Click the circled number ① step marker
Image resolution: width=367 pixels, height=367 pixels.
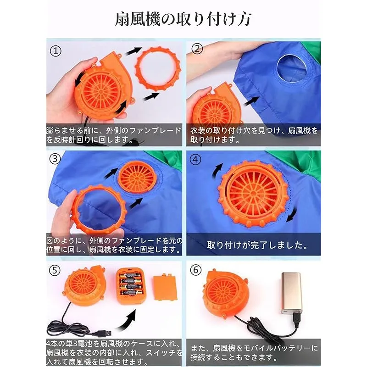pyautogui.click(x=56, y=51)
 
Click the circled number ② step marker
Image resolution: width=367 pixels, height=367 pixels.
pyautogui.click(x=197, y=49)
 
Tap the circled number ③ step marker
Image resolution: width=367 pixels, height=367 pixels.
pyautogui.click(x=55, y=159)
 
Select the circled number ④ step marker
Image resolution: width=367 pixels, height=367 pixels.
pyautogui.click(x=195, y=159)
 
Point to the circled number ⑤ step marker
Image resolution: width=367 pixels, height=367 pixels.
pyautogui.click(x=55, y=270)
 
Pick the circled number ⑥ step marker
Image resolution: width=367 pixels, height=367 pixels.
pyautogui.click(x=196, y=270)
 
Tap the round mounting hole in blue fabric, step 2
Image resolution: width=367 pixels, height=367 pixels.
pyautogui.click(x=291, y=69)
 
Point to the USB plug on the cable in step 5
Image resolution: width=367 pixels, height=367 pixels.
pyautogui.click(x=102, y=332)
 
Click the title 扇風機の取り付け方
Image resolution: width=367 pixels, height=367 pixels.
pyautogui.click(x=183, y=19)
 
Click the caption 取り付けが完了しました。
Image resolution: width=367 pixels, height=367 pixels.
pyautogui.click(x=257, y=245)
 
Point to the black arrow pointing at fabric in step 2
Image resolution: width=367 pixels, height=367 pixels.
pyautogui.click(x=252, y=101)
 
